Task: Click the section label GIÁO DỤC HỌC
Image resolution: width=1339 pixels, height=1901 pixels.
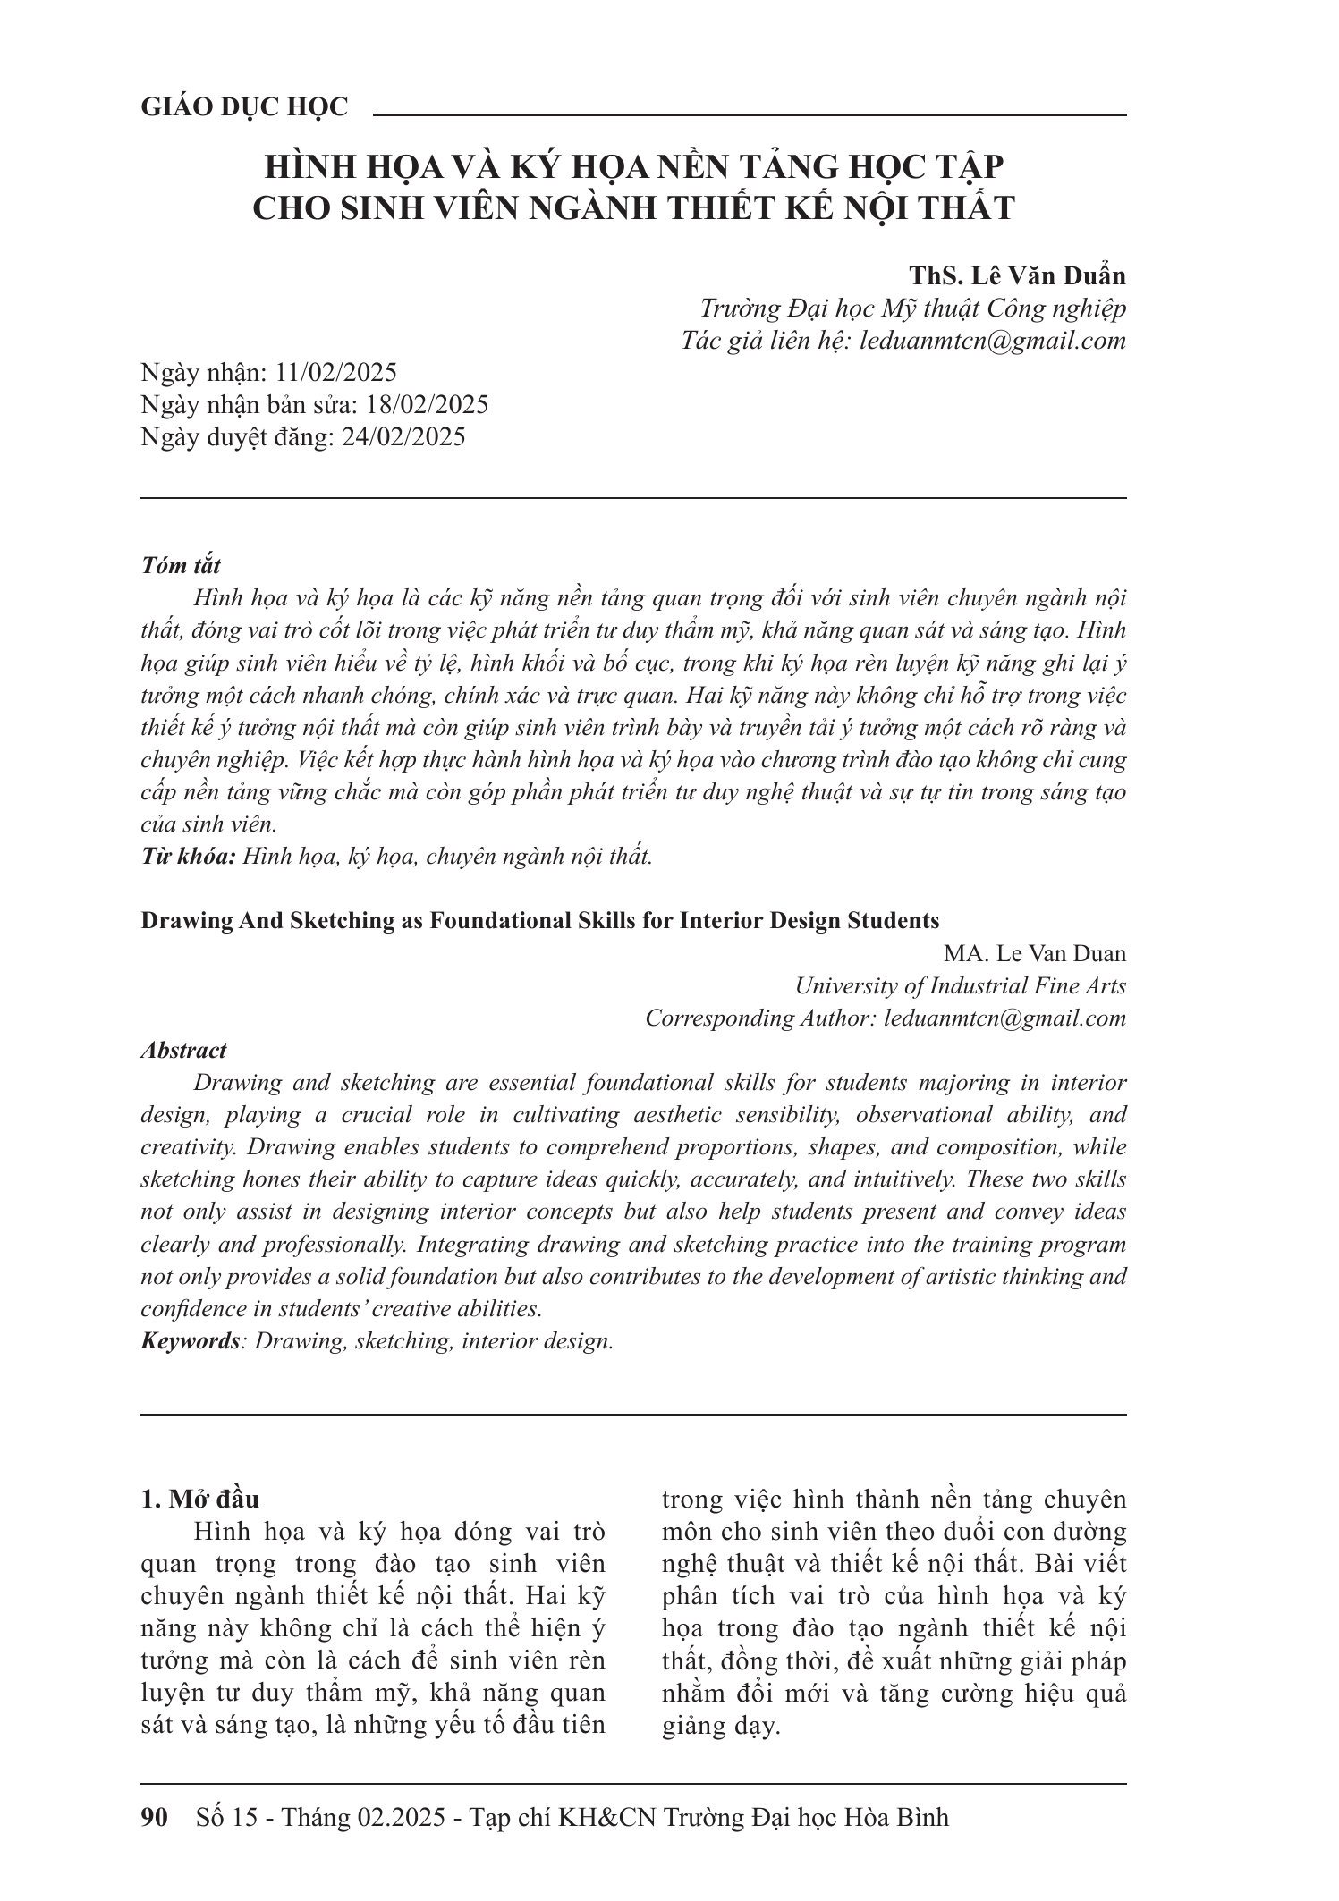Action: pyautogui.click(x=244, y=107)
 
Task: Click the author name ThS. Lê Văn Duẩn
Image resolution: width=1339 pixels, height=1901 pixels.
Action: pyautogui.click(x=1017, y=275)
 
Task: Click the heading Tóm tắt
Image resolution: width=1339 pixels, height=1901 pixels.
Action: pyautogui.click(x=181, y=565)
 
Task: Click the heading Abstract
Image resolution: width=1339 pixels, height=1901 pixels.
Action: pyautogui.click(x=183, y=1050)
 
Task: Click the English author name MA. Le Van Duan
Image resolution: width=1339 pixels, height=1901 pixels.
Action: pyautogui.click(x=1035, y=953)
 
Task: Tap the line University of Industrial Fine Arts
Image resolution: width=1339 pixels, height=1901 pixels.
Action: pyautogui.click(x=960, y=985)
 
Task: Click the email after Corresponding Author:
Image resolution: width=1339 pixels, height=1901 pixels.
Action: pyautogui.click(x=1004, y=1018)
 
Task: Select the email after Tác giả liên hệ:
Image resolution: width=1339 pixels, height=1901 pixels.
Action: pyautogui.click(x=991, y=341)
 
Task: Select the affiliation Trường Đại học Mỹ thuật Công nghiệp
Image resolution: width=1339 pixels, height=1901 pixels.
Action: pyautogui.click(x=912, y=308)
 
